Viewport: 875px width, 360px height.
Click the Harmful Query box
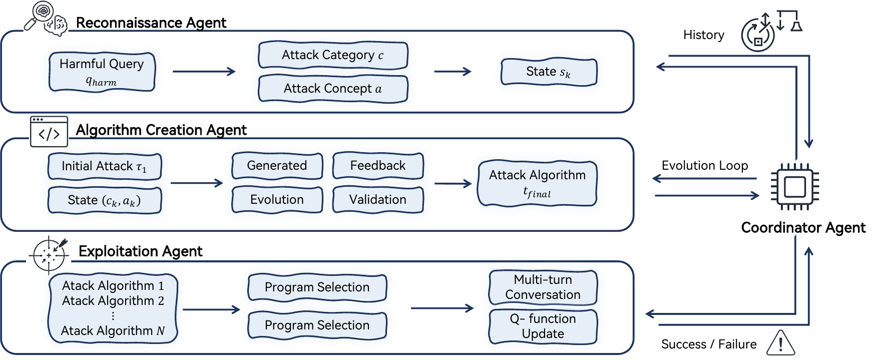[102, 72]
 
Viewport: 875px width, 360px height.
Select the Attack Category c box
[333, 55]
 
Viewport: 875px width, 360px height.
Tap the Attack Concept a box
[333, 89]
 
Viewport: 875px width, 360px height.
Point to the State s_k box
[549, 72]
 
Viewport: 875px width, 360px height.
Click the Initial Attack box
[105, 166]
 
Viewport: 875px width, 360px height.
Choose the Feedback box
[378, 166]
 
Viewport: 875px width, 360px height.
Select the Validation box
[378, 200]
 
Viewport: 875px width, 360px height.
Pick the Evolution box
[277, 200]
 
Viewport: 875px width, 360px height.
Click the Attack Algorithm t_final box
[537, 183]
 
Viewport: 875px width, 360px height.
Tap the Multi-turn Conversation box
[543, 287]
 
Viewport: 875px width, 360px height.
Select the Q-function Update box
[543, 326]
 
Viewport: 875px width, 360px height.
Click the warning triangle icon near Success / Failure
[780, 343]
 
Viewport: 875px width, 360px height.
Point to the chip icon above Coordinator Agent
[794, 187]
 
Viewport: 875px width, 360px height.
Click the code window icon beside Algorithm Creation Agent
[49, 132]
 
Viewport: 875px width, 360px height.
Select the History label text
[703, 35]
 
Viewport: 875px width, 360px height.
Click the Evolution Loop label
[704, 166]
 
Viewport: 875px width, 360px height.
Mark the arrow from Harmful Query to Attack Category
[204, 72]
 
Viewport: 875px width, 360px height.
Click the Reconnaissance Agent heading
[151, 23]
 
